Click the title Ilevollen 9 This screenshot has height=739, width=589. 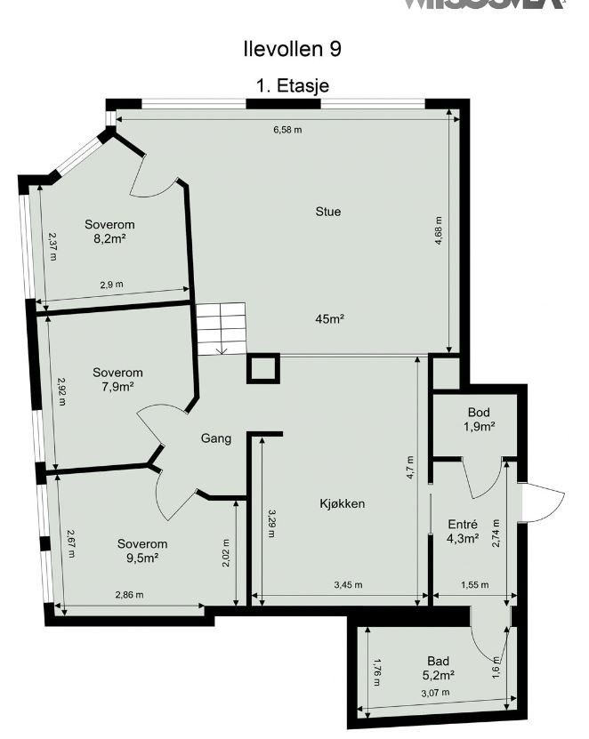pos(292,48)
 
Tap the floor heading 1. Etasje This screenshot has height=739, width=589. pos(292,87)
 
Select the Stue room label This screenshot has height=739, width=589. pos(328,212)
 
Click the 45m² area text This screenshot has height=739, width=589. pos(328,318)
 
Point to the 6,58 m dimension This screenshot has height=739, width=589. pos(286,130)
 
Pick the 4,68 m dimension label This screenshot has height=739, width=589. pos(440,233)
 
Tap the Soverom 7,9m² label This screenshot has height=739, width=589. pos(117,380)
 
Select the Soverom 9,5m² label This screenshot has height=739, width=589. pos(142,550)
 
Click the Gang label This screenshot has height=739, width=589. pos(216,438)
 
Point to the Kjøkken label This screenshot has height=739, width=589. pos(343,503)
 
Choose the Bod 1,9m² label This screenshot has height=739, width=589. pos(479,420)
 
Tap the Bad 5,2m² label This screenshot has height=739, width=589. pos(438,667)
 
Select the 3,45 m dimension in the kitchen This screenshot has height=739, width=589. pos(348,585)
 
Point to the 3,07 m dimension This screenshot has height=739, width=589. pos(434,693)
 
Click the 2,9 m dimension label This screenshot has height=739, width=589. pos(111,284)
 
